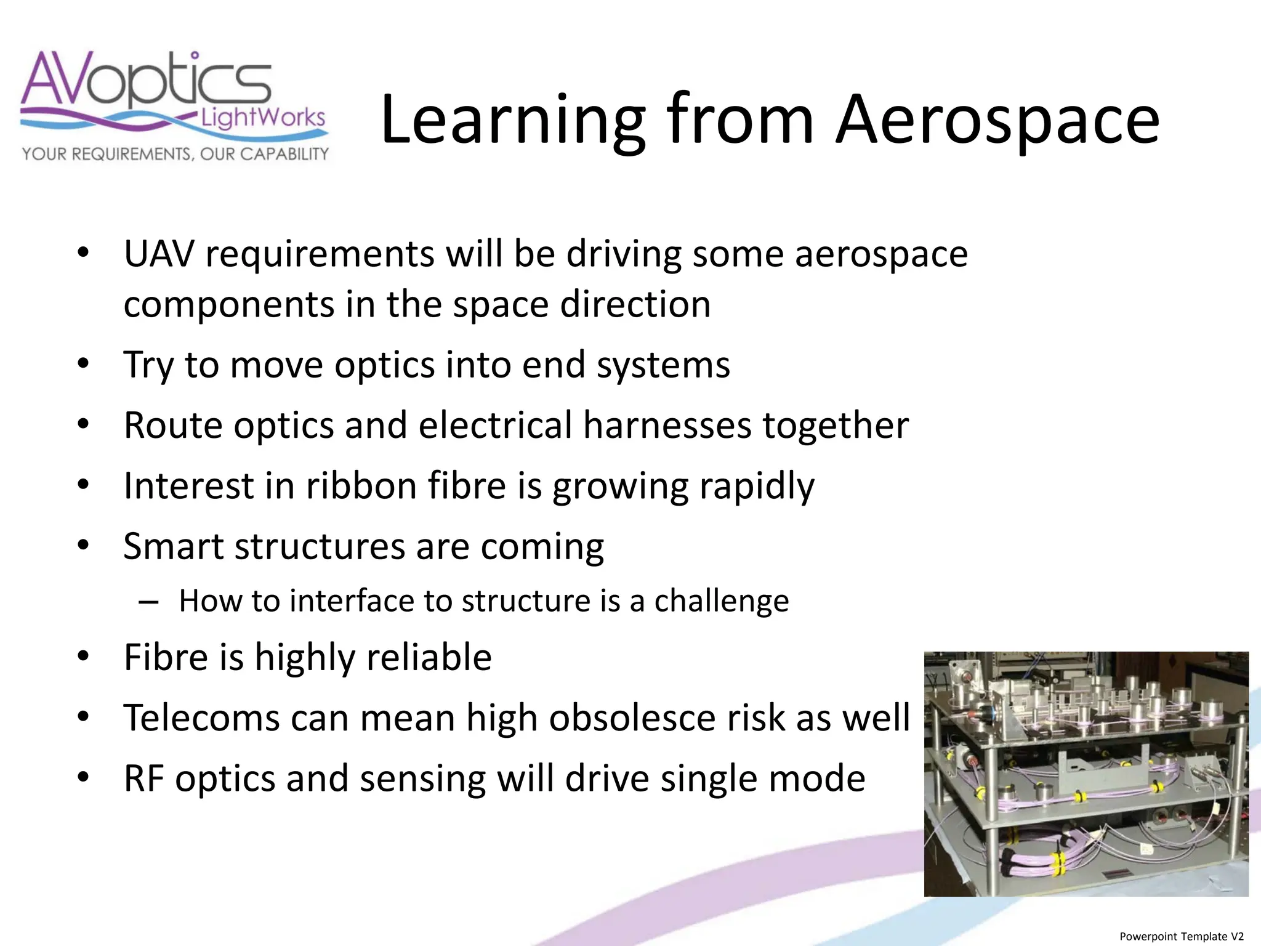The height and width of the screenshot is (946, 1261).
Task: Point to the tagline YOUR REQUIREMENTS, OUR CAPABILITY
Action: pos(175,153)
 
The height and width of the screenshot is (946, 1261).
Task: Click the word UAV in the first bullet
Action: pos(159,254)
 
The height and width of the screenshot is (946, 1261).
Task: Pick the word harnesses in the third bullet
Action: pos(667,425)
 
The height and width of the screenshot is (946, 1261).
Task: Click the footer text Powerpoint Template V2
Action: pos(1182,936)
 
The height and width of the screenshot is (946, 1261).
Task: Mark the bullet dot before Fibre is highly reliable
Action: pos(84,657)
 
